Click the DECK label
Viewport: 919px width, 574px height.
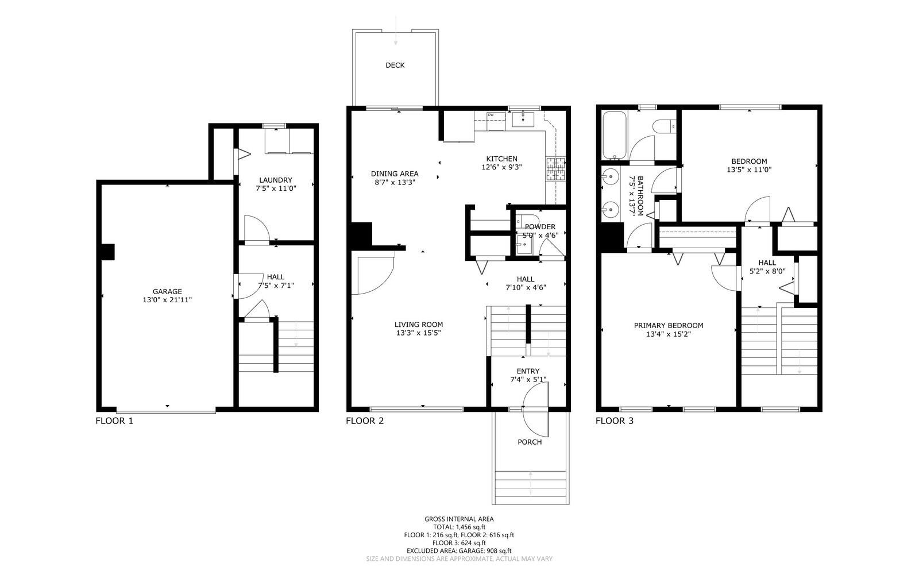[x=395, y=66]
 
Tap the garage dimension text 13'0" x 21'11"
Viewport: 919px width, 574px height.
[x=167, y=300]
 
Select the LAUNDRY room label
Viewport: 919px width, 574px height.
[x=276, y=180]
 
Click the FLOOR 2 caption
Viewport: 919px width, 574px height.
[x=365, y=421]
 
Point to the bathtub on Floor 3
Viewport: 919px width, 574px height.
[x=615, y=136]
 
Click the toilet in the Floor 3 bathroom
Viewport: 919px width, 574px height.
[x=666, y=126]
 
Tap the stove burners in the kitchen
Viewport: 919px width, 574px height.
[x=555, y=169]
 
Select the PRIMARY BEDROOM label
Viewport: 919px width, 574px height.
[x=669, y=326]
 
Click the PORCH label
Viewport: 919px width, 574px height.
[x=530, y=442]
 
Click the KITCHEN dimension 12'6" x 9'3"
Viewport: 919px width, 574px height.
[x=501, y=168]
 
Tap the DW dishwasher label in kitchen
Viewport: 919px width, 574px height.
[x=491, y=115]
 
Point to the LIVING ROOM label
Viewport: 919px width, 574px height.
[x=419, y=325]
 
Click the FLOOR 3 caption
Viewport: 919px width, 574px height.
[x=615, y=421]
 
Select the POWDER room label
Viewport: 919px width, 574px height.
[x=540, y=227]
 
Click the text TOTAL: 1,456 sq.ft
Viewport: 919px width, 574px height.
[x=459, y=527]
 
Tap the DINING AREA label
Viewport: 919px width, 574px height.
[x=395, y=174]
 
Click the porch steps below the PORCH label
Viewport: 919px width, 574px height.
[x=530, y=486]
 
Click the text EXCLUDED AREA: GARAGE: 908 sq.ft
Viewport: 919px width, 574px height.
[x=459, y=550]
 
